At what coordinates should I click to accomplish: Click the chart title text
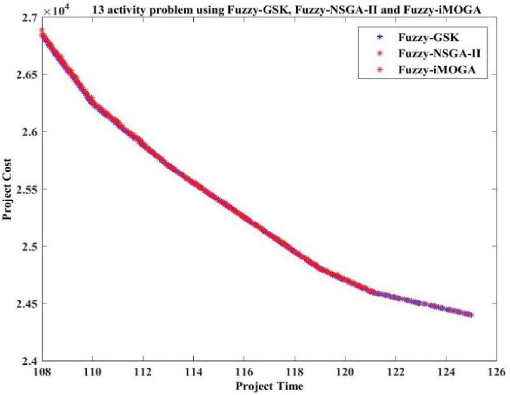pyautogui.click(x=286, y=10)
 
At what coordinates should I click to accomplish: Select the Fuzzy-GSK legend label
pyautogui.click(x=428, y=38)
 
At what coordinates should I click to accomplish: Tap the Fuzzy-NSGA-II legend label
pyautogui.click(x=437, y=54)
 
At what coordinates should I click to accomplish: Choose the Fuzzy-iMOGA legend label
pyautogui.click(x=437, y=70)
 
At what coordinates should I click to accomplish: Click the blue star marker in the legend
pyautogui.click(x=379, y=38)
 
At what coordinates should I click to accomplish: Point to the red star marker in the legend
pyautogui.click(x=379, y=70)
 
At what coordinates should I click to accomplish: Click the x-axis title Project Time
pyautogui.click(x=269, y=386)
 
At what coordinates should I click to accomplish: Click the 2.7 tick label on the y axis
pyautogui.click(x=29, y=18)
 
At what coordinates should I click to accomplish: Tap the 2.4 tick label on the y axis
pyautogui.click(x=29, y=361)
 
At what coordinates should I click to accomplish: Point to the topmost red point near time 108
pyautogui.click(x=41, y=30)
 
